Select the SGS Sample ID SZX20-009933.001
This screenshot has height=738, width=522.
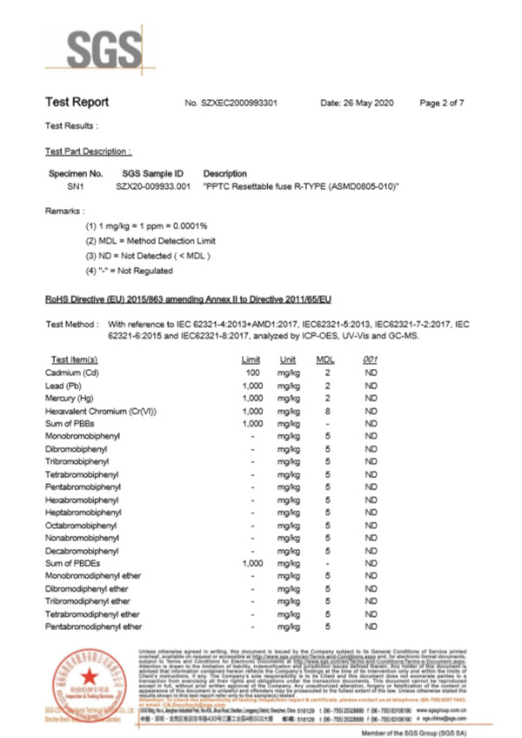pos(153,186)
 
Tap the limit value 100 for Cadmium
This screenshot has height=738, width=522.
pos(251,372)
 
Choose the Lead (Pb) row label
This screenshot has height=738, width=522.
pos(67,385)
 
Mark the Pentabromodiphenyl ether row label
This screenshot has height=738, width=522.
pos(93,627)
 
